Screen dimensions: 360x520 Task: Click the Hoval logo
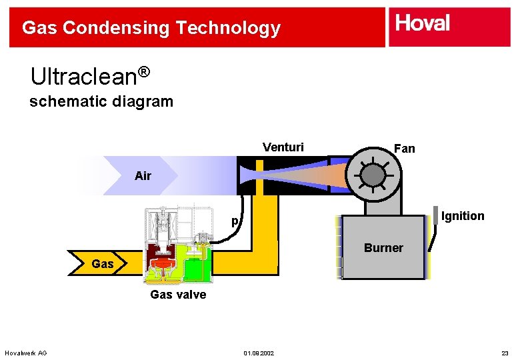(423, 24)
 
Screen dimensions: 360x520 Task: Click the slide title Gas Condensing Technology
(151, 28)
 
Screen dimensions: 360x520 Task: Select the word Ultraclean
(83, 77)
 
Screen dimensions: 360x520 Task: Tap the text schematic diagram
(101, 102)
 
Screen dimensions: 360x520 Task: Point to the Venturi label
(283, 147)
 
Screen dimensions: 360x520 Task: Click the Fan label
(404, 149)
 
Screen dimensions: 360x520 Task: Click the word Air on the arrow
(143, 176)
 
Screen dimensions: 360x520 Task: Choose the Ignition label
(463, 216)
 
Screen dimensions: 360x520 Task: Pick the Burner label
(383, 248)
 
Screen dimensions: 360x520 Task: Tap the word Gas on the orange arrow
(103, 264)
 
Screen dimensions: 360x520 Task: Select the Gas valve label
(178, 294)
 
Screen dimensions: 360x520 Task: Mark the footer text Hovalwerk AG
(25, 353)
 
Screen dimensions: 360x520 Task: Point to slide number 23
(505, 353)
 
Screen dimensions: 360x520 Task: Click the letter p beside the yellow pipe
(235, 221)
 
